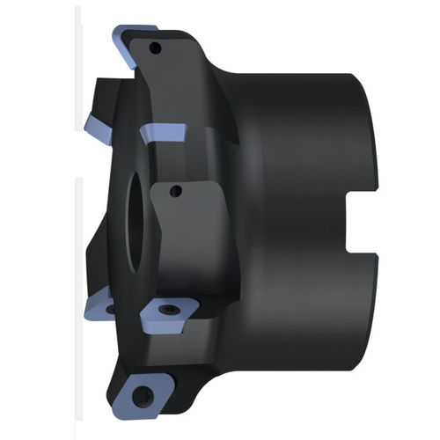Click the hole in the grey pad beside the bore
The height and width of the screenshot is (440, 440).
click(174, 190)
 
